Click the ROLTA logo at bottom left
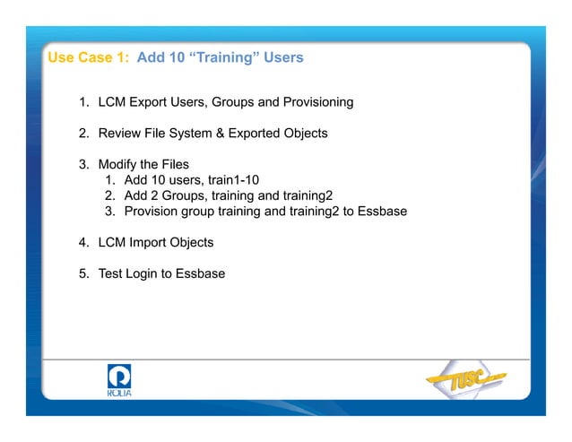click(118, 381)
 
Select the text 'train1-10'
click(231, 179)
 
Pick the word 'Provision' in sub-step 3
click(155, 211)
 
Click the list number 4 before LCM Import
click(83, 242)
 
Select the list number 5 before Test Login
click(83, 273)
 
